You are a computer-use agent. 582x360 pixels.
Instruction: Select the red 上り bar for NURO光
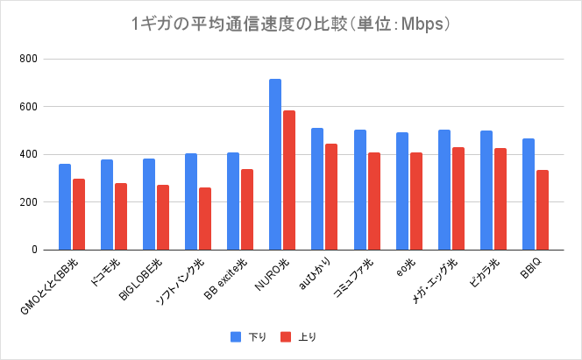(x=289, y=180)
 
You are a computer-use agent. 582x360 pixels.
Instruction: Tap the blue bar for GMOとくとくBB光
(x=65, y=207)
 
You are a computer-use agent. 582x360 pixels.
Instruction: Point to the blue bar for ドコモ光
(x=107, y=204)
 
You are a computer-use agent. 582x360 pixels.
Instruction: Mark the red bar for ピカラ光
(x=500, y=199)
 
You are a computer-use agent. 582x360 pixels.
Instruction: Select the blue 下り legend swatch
(x=236, y=336)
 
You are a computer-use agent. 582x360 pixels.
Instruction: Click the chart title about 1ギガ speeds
(x=290, y=25)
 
